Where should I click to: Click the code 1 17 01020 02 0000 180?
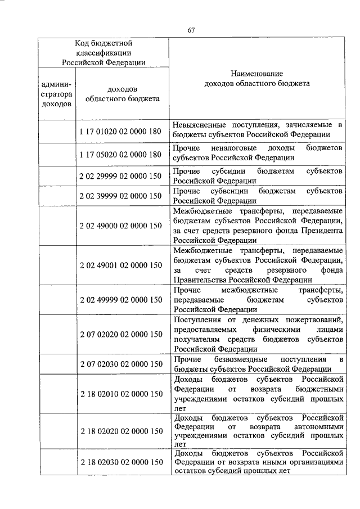[x=121, y=132]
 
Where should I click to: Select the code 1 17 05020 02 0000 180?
[x=121, y=155]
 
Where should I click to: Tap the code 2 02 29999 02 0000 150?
[x=121, y=176]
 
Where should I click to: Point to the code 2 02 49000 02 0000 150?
[x=121, y=226]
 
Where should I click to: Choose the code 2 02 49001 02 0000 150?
[x=121, y=265]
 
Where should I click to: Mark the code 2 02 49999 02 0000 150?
[x=121, y=299]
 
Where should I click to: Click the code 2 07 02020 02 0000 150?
[x=121, y=334]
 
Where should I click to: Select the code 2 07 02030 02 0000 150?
[x=121, y=364]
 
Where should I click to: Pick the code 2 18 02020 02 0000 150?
[x=121, y=431]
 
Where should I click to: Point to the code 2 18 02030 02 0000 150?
[x=121, y=462]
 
